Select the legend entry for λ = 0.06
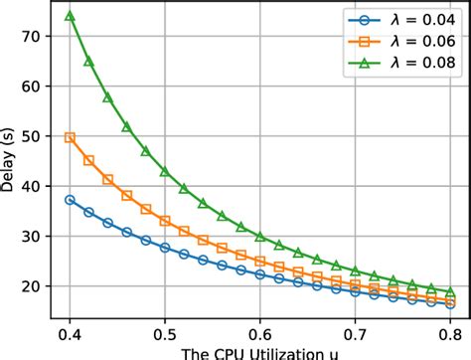tap(407, 43)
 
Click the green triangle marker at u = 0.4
tap(70, 16)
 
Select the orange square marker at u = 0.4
tap(70, 137)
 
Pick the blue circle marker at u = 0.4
tap(70, 200)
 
